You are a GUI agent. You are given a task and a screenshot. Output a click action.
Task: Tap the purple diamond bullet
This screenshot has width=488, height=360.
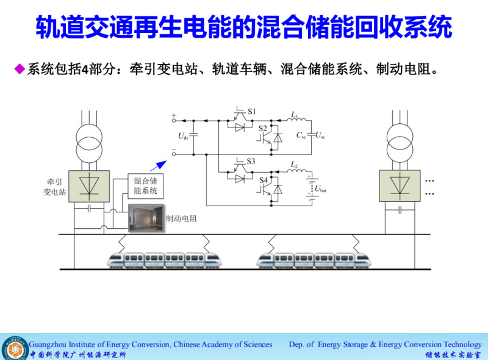pos(19,68)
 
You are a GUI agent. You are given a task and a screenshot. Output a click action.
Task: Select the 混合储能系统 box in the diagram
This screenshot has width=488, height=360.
pos(146,186)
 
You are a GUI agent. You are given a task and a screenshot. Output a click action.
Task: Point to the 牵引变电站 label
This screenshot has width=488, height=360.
pos(55,187)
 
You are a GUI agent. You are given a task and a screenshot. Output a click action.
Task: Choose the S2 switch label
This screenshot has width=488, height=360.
pos(263,128)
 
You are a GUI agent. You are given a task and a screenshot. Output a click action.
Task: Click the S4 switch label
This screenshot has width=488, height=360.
pos(264,180)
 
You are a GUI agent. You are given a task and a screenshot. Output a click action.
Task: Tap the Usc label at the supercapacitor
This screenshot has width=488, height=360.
pos(320,135)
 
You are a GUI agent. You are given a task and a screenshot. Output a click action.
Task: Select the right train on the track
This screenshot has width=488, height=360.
pos(314,260)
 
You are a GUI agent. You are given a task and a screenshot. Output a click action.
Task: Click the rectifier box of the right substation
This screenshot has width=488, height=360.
pos(400,185)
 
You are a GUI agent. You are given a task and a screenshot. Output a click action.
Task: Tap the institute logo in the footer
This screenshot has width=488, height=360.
pos(13,348)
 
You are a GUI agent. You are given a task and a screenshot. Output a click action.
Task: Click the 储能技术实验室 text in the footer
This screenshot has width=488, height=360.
pos(453,354)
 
